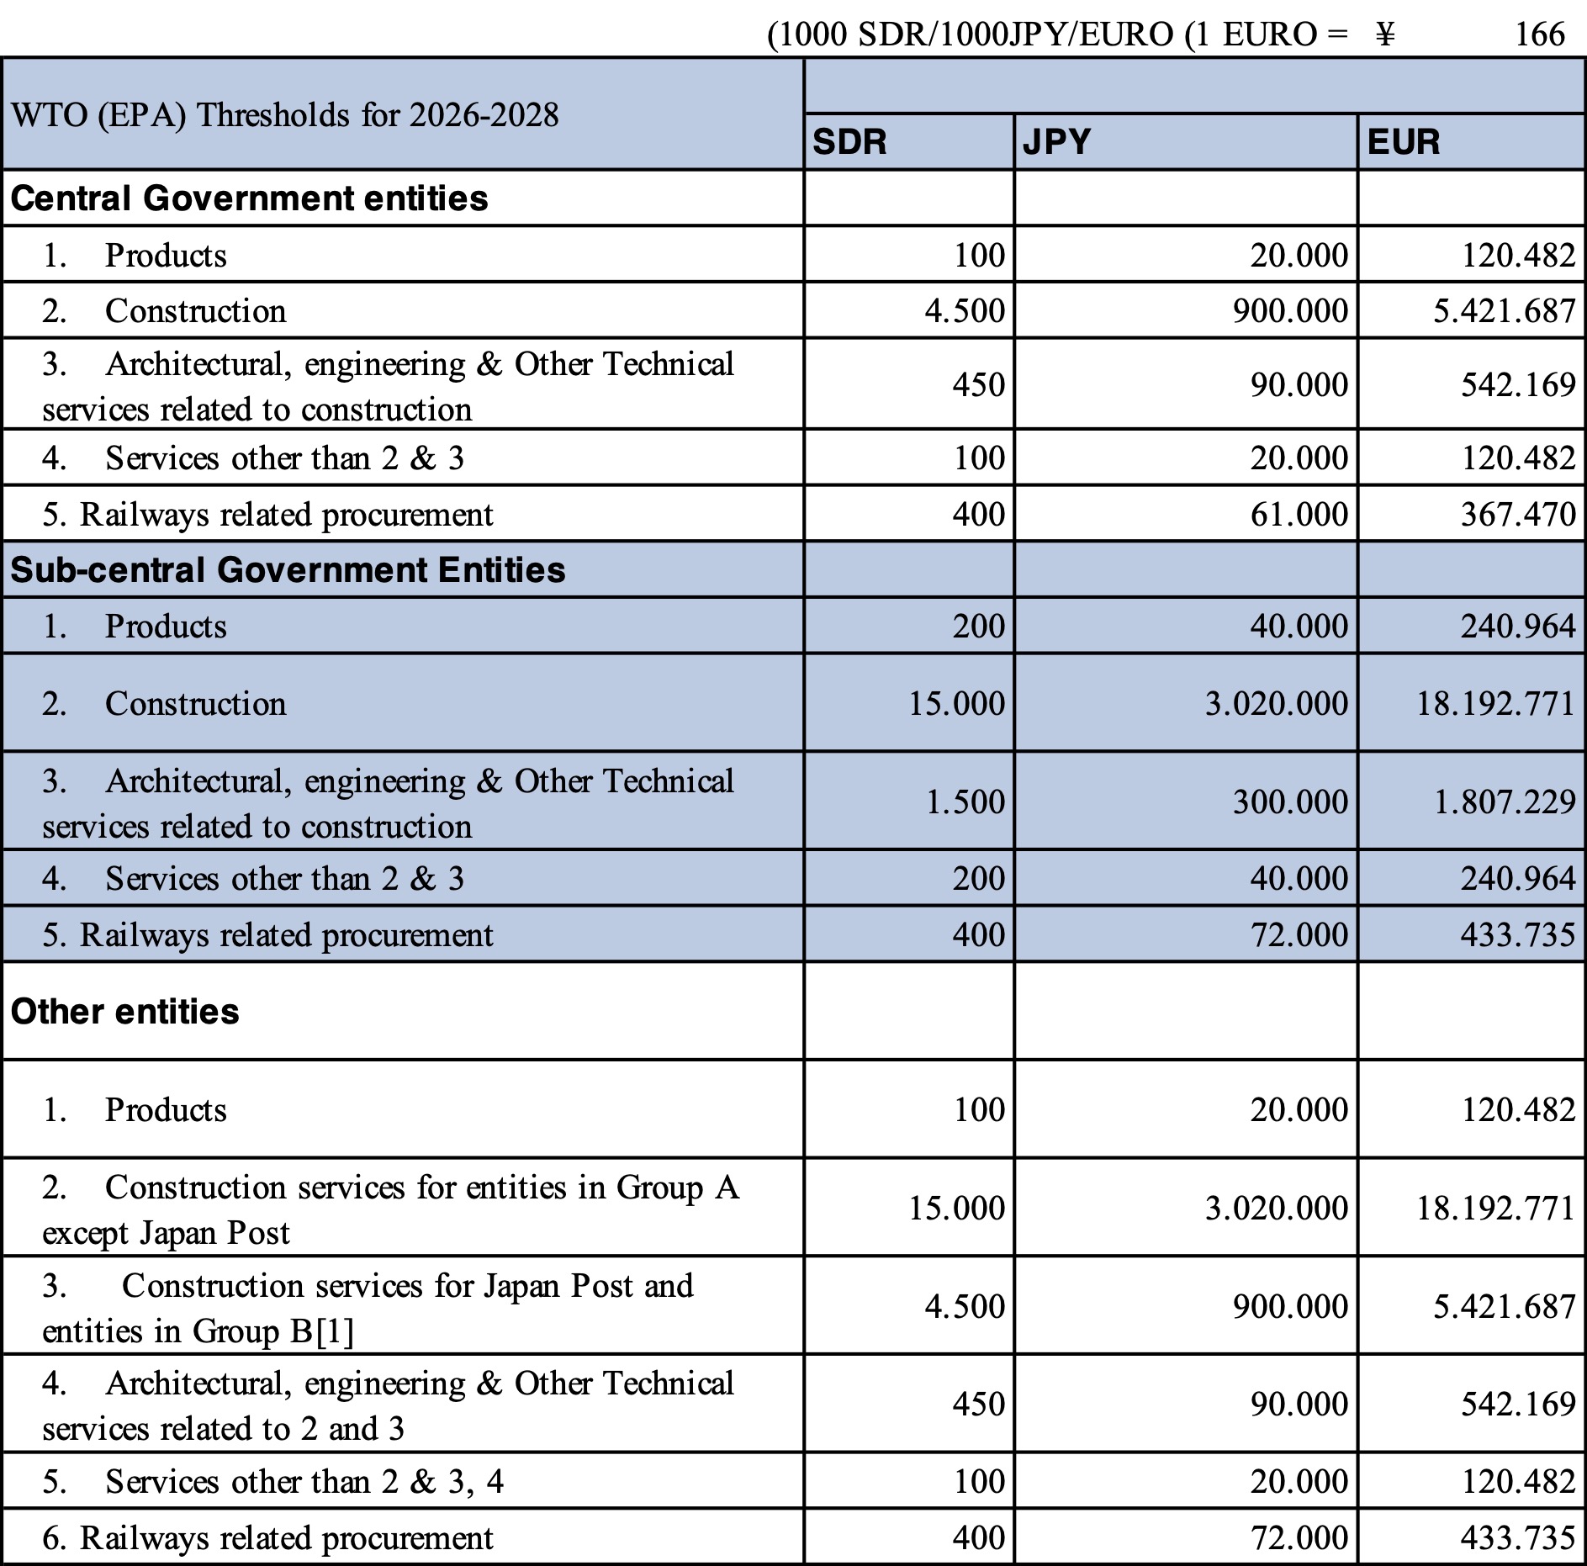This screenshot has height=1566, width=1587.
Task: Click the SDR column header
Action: pyautogui.click(x=849, y=141)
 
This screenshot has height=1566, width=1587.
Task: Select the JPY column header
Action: pyautogui.click(x=1056, y=141)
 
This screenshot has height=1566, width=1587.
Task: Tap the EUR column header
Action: pyautogui.click(x=1404, y=141)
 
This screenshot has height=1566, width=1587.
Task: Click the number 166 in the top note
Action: pyautogui.click(x=1539, y=34)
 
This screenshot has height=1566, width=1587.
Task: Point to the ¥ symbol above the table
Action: pyautogui.click(x=1385, y=34)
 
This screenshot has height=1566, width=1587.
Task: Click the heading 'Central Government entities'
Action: pyautogui.click(x=249, y=198)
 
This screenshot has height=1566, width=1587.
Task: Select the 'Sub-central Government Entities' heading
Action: pyautogui.click(x=288, y=570)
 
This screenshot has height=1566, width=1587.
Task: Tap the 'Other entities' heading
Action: pyautogui.click(x=124, y=1012)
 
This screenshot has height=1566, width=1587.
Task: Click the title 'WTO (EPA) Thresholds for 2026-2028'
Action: pyautogui.click(x=284, y=114)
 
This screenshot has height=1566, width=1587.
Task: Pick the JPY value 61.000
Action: pyautogui.click(x=1299, y=514)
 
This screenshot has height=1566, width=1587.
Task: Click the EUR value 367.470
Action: pyautogui.click(x=1517, y=514)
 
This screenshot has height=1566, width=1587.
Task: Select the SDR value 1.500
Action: pyautogui.click(x=965, y=802)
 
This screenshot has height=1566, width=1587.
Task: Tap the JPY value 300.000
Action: pyautogui.click(x=1290, y=802)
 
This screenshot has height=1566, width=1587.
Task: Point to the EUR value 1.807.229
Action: pyautogui.click(x=1504, y=802)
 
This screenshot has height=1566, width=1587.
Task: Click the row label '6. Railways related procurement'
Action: pyautogui.click(x=267, y=1537)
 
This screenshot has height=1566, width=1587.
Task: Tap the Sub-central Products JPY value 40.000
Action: pyautogui.click(x=1299, y=627)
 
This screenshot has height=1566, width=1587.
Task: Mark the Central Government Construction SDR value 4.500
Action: pyautogui.click(x=965, y=311)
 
